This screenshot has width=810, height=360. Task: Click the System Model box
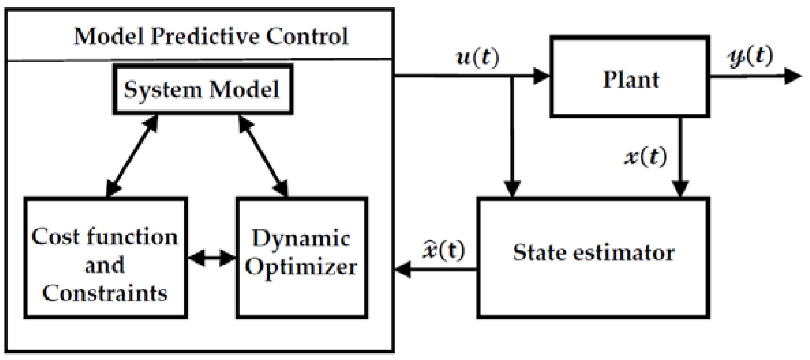coord(202,89)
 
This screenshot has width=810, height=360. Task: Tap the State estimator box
coord(593,258)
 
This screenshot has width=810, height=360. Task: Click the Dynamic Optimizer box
coord(301,258)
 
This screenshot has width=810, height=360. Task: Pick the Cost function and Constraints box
coord(105,258)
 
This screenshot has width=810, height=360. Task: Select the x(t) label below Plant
coord(646,157)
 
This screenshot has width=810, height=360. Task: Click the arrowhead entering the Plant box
coord(541,76)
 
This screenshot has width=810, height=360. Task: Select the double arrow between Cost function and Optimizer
coord(212,258)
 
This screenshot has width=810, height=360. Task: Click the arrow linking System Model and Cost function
coord(132,155)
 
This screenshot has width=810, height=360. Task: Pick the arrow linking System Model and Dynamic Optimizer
coord(263,155)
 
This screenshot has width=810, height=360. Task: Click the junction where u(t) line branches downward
coord(512,76)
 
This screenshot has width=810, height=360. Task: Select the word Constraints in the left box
coord(105,293)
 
